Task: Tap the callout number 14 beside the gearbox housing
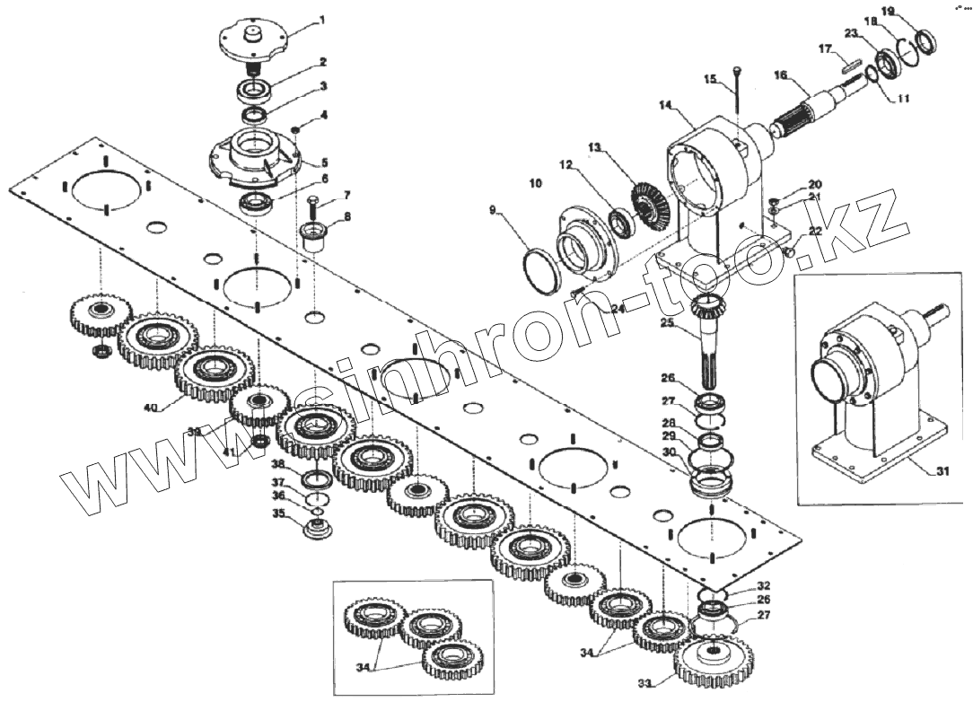(665, 106)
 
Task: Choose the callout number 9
(493, 211)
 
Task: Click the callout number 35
(279, 514)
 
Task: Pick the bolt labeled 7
(312, 208)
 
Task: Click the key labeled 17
(852, 64)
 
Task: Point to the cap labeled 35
(315, 529)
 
